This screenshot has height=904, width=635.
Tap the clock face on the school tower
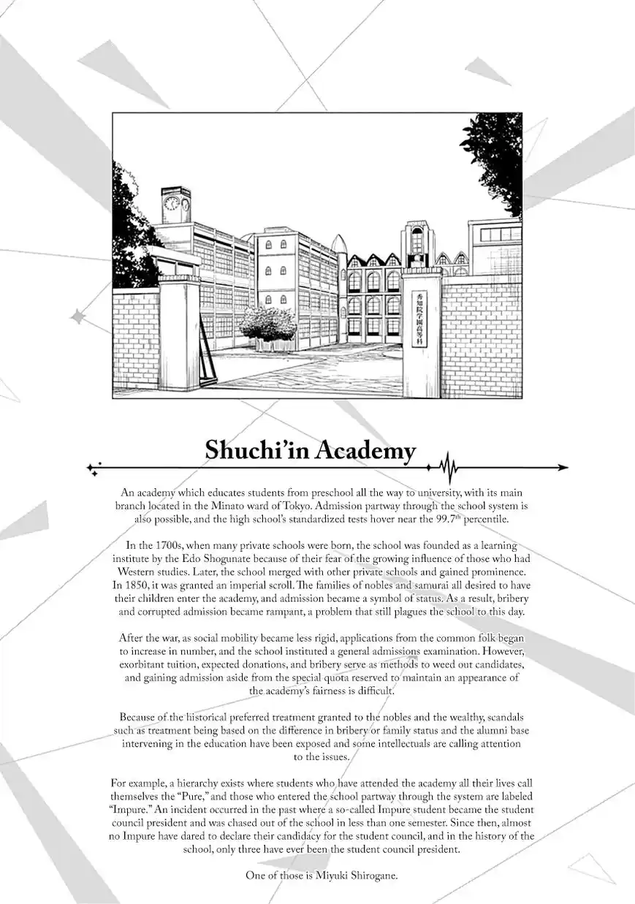pyautogui.click(x=172, y=201)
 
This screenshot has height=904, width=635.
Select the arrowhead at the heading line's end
pyautogui.click(x=563, y=467)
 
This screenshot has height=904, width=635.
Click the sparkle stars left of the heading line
pyautogui.click(x=94, y=468)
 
